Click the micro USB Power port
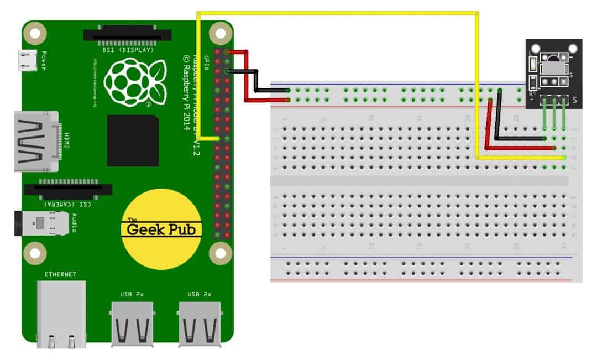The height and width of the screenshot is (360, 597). pos(25,60)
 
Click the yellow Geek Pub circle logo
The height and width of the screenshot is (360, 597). pos(161,229)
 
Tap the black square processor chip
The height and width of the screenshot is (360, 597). pos(133,140)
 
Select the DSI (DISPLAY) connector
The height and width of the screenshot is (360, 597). pos(119,35)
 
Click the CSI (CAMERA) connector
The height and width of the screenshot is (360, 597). pos(67,189)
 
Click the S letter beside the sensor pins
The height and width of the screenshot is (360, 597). pos(575,100)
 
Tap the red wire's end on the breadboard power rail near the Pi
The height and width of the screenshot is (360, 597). pos(288,100)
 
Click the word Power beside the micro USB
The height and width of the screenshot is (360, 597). pos(44,61)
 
